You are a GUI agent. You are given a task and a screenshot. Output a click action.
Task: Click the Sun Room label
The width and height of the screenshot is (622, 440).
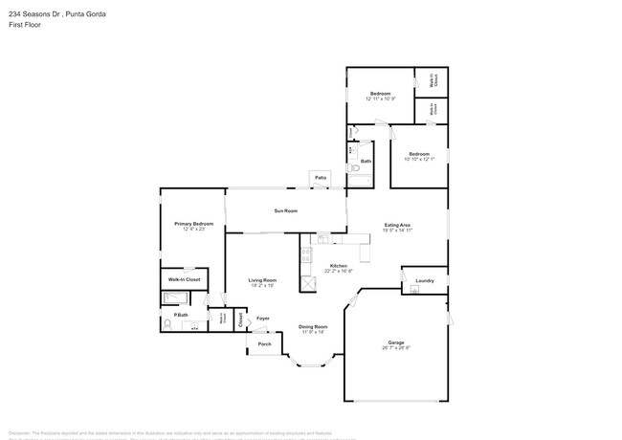(x=285, y=210)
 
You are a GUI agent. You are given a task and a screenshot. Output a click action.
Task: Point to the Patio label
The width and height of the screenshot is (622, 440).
(x=319, y=178)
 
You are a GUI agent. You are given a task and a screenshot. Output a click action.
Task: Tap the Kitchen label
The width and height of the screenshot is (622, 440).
(x=338, y=265)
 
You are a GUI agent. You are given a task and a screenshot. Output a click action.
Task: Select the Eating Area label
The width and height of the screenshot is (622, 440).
(x=397, y=225)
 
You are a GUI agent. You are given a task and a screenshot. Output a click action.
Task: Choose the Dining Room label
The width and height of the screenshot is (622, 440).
(x=313, y=326)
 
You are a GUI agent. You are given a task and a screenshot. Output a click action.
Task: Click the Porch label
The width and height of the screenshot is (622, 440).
(x=264, y=343)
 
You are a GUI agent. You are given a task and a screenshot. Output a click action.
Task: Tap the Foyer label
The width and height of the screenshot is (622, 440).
(x=262, y=318)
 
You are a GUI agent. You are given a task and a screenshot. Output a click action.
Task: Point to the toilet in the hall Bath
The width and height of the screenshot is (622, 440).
(x=351, y=150)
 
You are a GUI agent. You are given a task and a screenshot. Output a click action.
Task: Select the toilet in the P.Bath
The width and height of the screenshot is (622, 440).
(x=168, y=324)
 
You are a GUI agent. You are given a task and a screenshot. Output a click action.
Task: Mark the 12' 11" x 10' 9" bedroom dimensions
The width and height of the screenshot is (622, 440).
(x=380, y=99)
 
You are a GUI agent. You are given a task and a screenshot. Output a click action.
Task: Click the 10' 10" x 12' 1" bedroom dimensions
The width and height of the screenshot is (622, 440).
(x=418, y=159)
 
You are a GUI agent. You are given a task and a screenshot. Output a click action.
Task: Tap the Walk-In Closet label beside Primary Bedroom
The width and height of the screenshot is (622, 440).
(x=184, y=279)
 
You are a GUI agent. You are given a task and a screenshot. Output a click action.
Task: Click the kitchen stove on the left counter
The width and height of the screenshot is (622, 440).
(x=305, y=255)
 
